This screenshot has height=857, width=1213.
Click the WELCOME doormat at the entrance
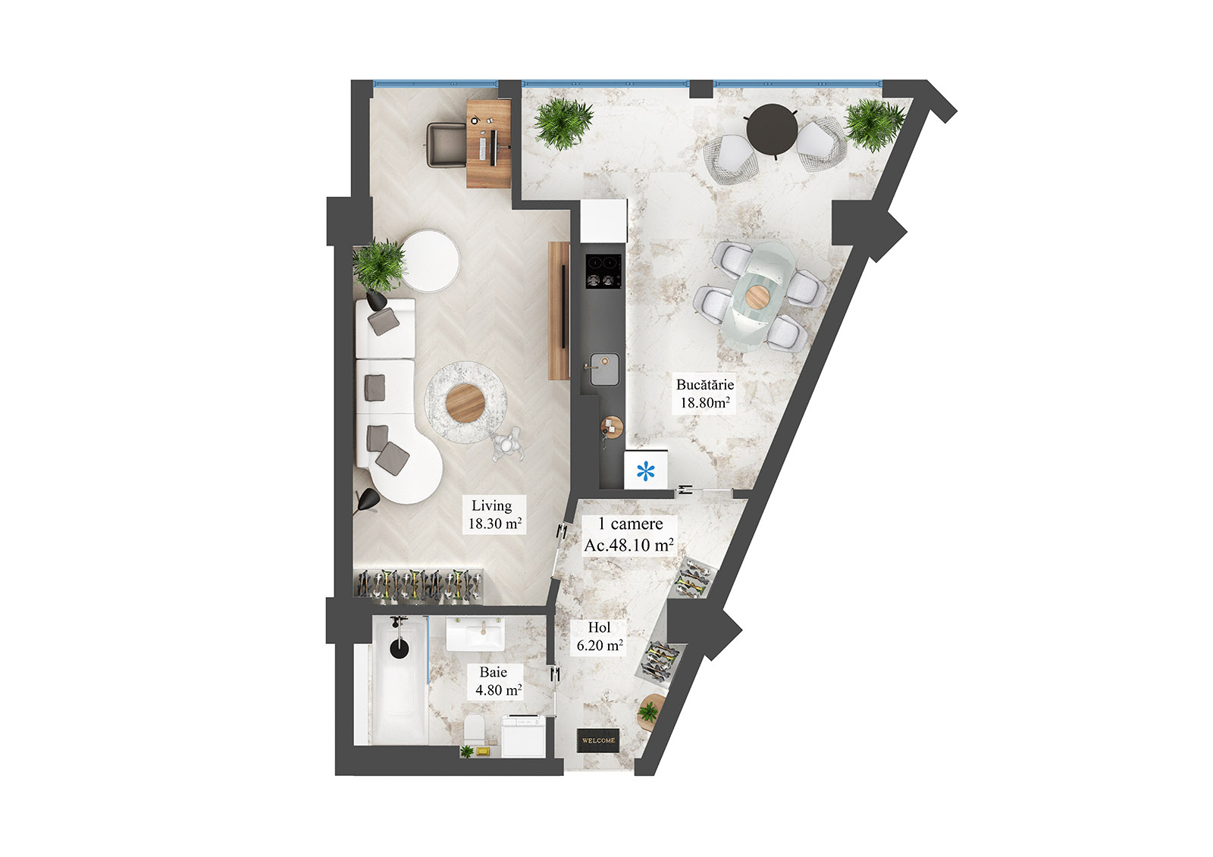(x=598, y=740)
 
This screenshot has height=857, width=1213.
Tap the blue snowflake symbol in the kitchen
(x=645, y=472)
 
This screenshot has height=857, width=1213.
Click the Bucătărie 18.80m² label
(x=704, y=394)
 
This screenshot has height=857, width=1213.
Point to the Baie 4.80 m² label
(x=497, y=681)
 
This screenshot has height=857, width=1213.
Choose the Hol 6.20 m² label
(x=599, y=636)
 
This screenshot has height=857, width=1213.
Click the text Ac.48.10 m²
(x=628, y=545)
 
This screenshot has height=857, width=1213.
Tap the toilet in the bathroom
(x=475, y=730)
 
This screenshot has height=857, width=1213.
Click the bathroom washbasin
(x=475, y=635)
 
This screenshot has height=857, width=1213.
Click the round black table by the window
(x=771, y=129)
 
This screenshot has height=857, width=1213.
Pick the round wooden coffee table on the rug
(x=465, y=402)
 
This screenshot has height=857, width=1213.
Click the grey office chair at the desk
(x=447, y=144)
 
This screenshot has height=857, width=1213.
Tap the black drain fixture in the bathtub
(x=399, y=648)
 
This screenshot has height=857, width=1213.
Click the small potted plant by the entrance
(x=649, y=712)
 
